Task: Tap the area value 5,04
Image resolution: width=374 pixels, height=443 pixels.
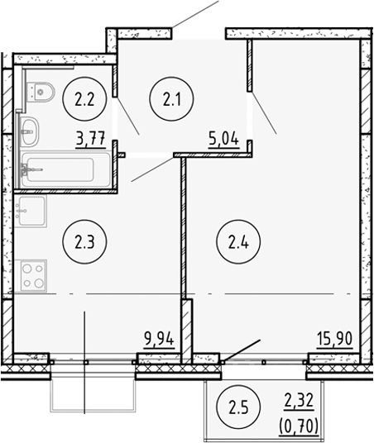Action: click(224, 138)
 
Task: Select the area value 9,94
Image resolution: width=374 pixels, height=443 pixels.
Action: click(156, 336)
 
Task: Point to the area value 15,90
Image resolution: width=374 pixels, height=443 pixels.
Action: click(332, 336)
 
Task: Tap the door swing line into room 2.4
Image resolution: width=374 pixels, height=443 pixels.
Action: click(264, 113)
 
